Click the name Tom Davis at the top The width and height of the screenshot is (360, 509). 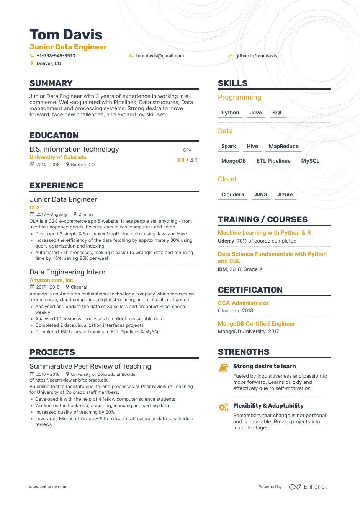click(x=66, y=34)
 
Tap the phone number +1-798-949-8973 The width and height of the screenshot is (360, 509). click(x=56, y=56)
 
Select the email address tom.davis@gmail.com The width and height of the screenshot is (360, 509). click(x=160, y=56)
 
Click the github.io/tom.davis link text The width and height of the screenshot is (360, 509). click(x=256, y=56)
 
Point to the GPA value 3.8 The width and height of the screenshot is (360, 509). click(x=181, y=161)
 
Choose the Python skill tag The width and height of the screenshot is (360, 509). click(x=230, y=113)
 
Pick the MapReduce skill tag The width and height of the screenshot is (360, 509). click(x=283, y=147)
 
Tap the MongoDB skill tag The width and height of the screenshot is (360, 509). click(x=234, y=161)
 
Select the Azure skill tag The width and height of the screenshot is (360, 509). click(x=285, y=195)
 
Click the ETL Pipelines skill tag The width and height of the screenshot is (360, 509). click(x=273, y=161)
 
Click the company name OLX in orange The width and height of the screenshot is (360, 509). click(x=35, y=207)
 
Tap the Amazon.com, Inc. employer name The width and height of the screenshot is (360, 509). click(x=52, y=280)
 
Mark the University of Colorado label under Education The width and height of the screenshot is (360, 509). click(x=58, y=157)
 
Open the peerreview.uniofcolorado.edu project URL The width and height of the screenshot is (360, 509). click(x=72, y=380)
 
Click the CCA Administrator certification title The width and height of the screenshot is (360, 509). click(x=243, y=303)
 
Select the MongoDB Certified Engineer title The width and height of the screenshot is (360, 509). click(x=257, y=324)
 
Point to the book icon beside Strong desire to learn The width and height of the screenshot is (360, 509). click(x=224, y=368)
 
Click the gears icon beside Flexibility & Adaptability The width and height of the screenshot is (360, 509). click(x=224, y=408)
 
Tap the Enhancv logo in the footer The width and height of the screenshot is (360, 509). click(x=308, y=487)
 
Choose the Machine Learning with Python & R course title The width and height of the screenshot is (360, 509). click(x=264, y=233)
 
